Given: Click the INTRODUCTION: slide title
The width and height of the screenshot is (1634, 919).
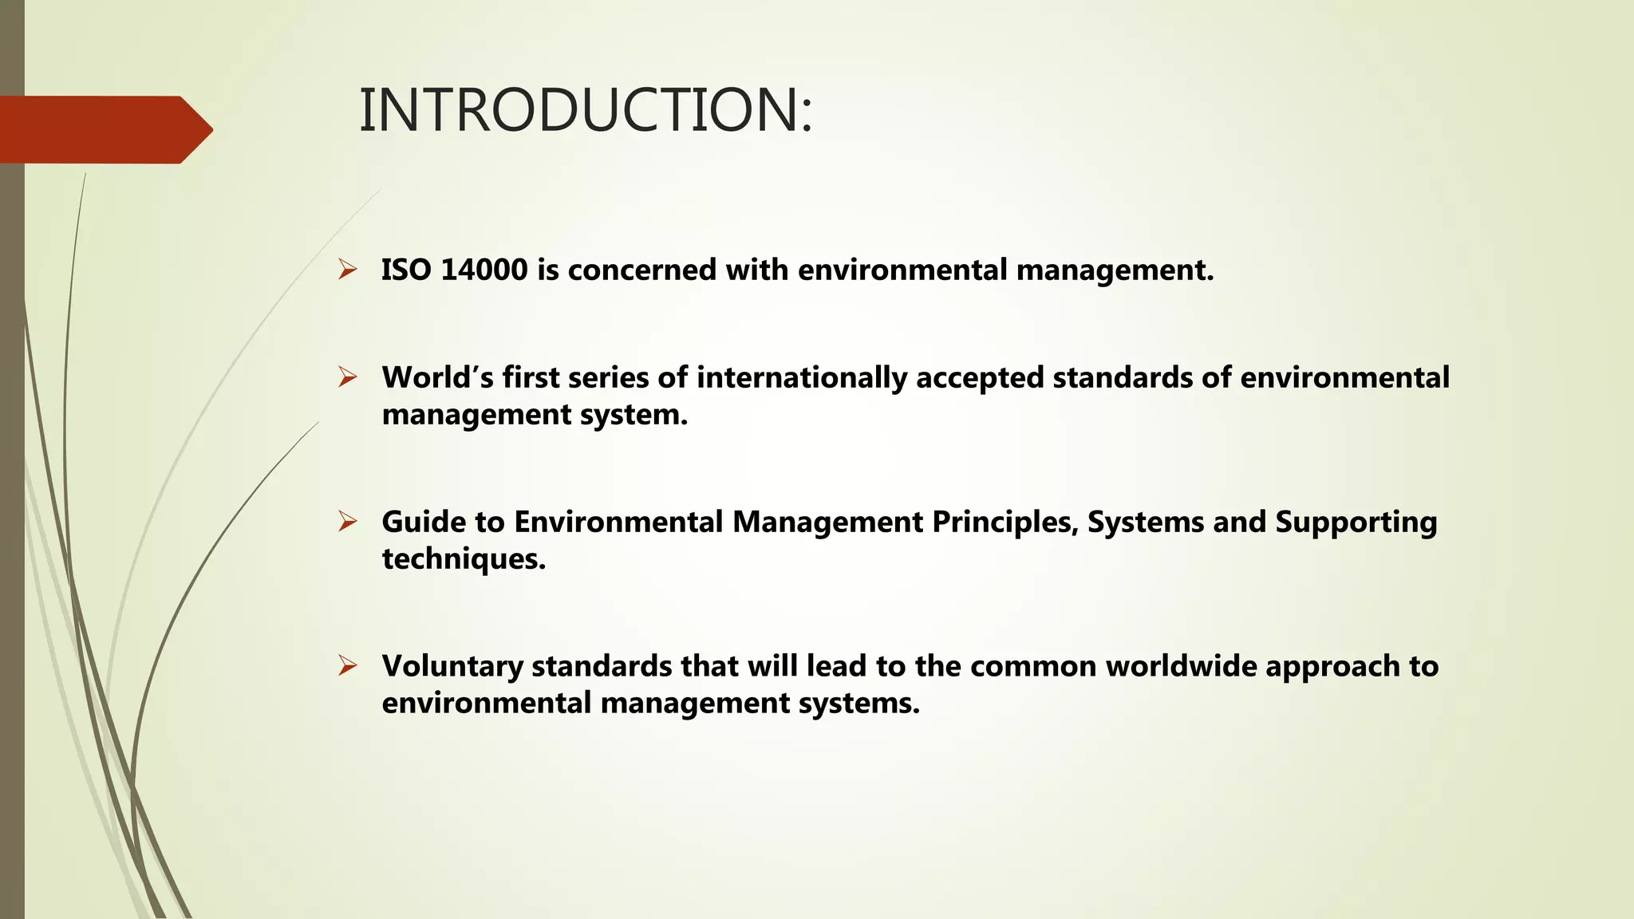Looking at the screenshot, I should (586, 110).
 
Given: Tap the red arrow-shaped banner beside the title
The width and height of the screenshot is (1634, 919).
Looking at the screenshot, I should (104, 129).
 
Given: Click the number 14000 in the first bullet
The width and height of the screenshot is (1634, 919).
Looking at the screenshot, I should (483, 270).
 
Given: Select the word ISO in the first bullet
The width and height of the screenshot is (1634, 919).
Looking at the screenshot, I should (406, 270).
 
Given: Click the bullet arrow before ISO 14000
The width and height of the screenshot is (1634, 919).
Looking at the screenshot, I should (347, 270).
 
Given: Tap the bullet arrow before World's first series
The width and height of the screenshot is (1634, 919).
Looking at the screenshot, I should (347, 377).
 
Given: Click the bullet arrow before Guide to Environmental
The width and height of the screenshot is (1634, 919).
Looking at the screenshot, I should (347, 522).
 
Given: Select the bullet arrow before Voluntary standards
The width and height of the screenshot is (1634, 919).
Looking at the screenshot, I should (347, 665).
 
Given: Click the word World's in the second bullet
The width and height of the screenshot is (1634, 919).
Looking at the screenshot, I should (437, 377).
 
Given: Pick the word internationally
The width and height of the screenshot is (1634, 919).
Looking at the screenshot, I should (801, 377).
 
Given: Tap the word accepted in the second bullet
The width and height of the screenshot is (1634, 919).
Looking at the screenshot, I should (980, 377).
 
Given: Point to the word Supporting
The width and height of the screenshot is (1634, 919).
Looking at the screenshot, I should (1356, 522).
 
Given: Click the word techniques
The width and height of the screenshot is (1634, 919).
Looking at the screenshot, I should (464, 558).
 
